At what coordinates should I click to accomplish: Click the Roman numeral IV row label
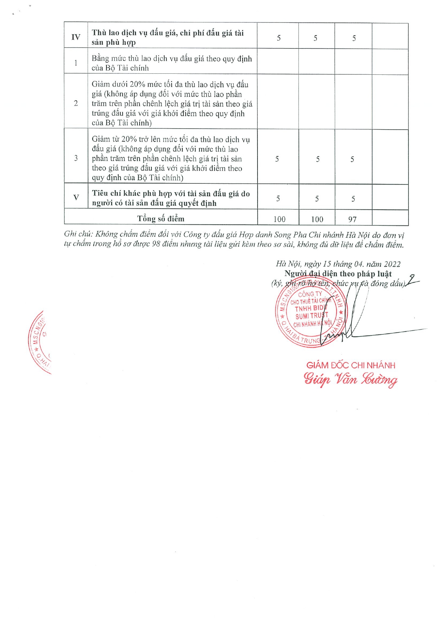click(76, 37)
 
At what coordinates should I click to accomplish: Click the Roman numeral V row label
click(76, 197)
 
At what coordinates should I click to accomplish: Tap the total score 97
click(352, 219)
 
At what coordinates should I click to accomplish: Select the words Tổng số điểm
click(161, 219)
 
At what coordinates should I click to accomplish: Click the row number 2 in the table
click(76, 103)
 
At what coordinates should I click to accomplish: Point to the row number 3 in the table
click(76, 158)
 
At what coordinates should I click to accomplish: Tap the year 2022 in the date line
click(392, 264)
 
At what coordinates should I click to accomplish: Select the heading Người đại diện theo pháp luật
click(338, 274)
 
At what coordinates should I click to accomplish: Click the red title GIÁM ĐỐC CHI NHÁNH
click(350, 365)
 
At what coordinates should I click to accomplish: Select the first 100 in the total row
click(279, 219)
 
